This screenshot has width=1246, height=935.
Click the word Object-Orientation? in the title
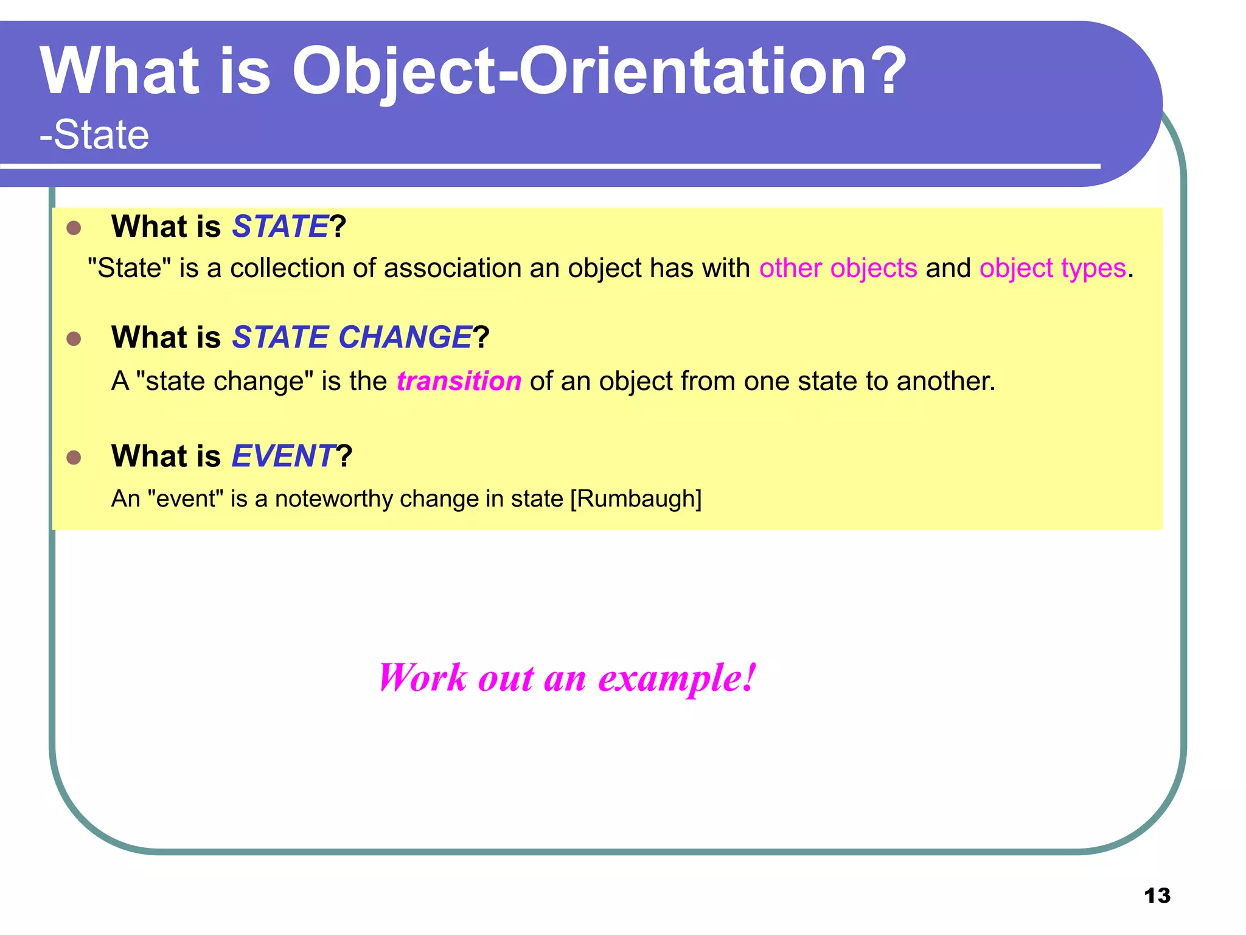point(599,72)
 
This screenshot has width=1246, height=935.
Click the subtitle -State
point(94,135)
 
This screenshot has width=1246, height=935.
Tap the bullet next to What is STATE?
point(74,228)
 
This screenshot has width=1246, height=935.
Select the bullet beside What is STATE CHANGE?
point(74,339)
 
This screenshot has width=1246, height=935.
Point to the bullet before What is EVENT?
point(74,458)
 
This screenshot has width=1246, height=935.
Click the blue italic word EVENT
point(284,456)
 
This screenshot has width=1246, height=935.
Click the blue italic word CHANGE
point(405,337)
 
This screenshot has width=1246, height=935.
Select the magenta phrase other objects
point(838,268)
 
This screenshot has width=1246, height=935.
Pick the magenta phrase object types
point(1053,268)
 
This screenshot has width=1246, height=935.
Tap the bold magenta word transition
point(459,381)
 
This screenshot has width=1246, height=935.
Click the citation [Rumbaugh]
point(636,499)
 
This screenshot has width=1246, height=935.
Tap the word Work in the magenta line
point(423,678)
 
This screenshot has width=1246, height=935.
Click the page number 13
point(1157,895)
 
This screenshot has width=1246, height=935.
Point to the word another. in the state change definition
point(946,381)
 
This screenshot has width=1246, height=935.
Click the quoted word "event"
point(186,499)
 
